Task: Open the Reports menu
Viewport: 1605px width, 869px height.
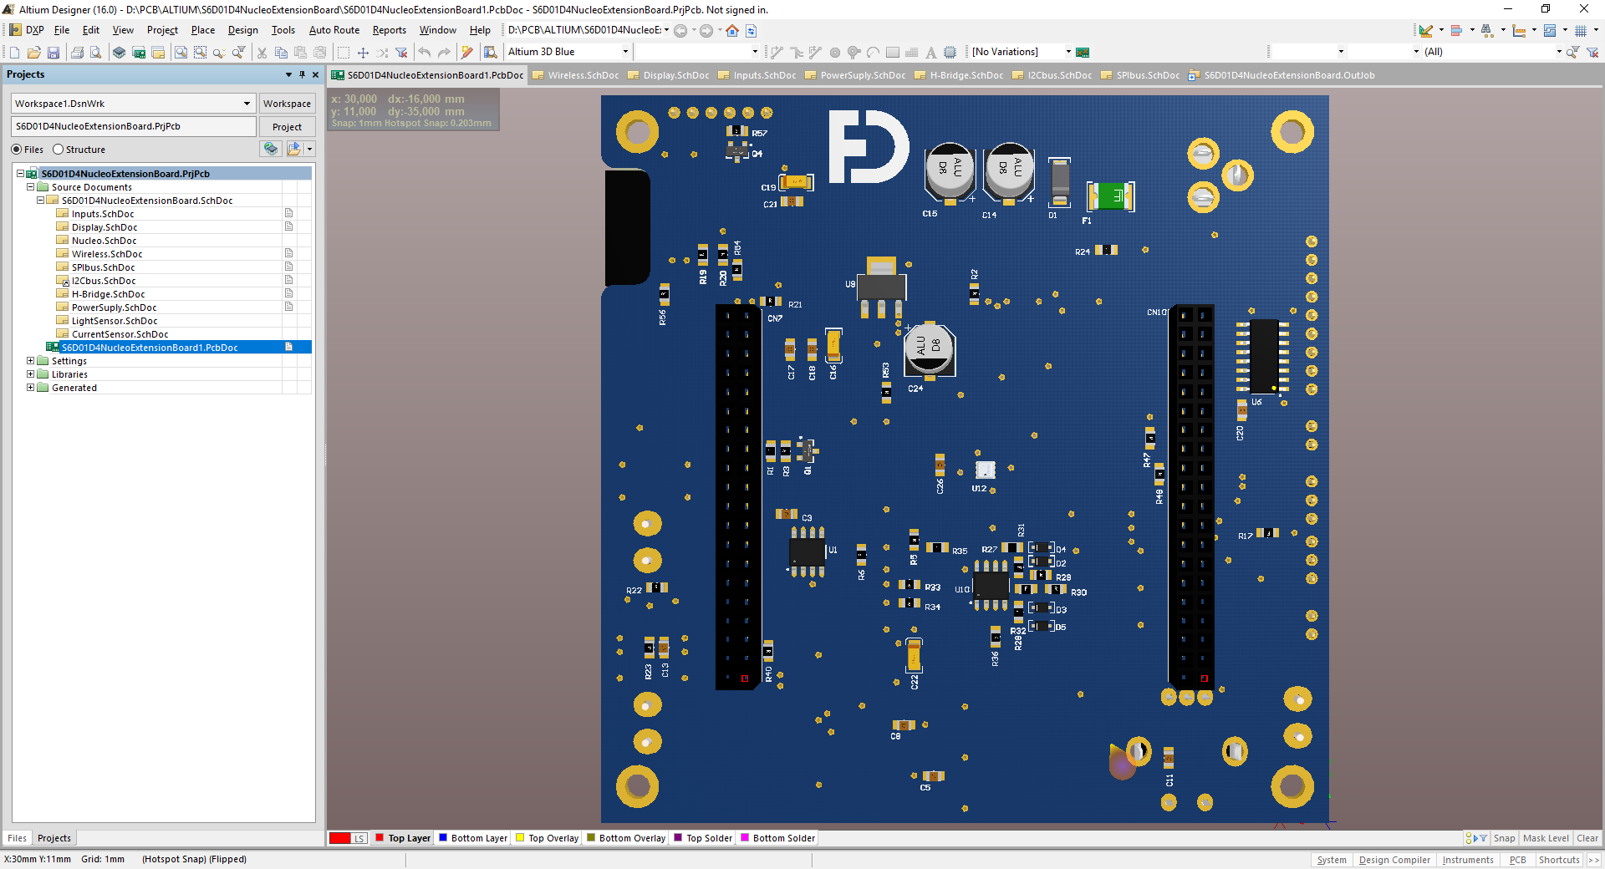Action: click(x=389, y=30)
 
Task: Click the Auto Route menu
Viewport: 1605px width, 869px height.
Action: click(x=334, y=30)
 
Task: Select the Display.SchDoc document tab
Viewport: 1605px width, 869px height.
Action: click(x=675, y=75)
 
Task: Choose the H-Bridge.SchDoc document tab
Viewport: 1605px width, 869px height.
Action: click(x=966, y=75)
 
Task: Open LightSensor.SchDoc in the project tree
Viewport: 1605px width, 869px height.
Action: click(x=114, y=321)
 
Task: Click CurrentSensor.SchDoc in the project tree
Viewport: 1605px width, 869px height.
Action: click(x=120, y=334)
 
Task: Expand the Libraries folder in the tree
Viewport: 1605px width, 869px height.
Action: click(x=31, y=374)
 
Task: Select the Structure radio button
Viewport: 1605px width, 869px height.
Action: click(x=59, y=150)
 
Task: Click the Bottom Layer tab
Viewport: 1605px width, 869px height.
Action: click(x=478, y=838)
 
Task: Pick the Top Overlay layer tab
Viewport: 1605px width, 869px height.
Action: click(x=553, y=838)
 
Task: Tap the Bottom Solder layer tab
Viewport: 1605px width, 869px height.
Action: click(x=783, y=838)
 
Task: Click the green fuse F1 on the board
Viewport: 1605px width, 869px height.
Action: click(x=1110, y=196)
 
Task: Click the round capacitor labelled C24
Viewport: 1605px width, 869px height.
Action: click(x=929, y=348)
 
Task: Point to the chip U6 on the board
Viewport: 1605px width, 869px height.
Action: click(x=1263, y=355)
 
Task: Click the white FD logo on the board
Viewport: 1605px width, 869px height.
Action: click(x=867, y=147)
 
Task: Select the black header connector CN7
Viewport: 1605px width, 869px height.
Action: click(x=737, y=496)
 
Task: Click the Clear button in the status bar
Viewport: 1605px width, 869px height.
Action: click(x=1587, y=838)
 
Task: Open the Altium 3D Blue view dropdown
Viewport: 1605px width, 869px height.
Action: click(x=624, y=52)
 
